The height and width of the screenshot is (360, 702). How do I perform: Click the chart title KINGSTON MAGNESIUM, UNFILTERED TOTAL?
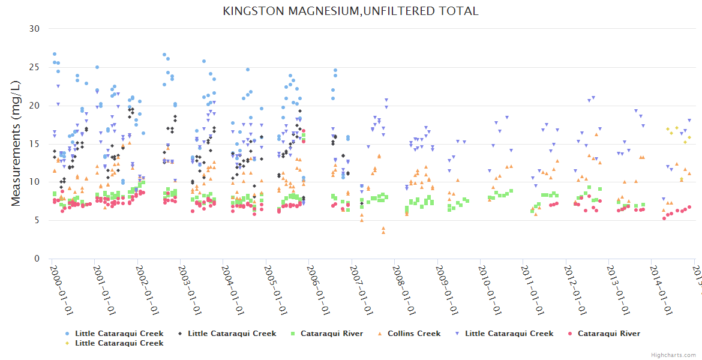350,11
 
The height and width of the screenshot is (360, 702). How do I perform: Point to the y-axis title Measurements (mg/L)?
16,143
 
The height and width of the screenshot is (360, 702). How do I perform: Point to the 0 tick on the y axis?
37,259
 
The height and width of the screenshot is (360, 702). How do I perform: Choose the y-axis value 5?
37,220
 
